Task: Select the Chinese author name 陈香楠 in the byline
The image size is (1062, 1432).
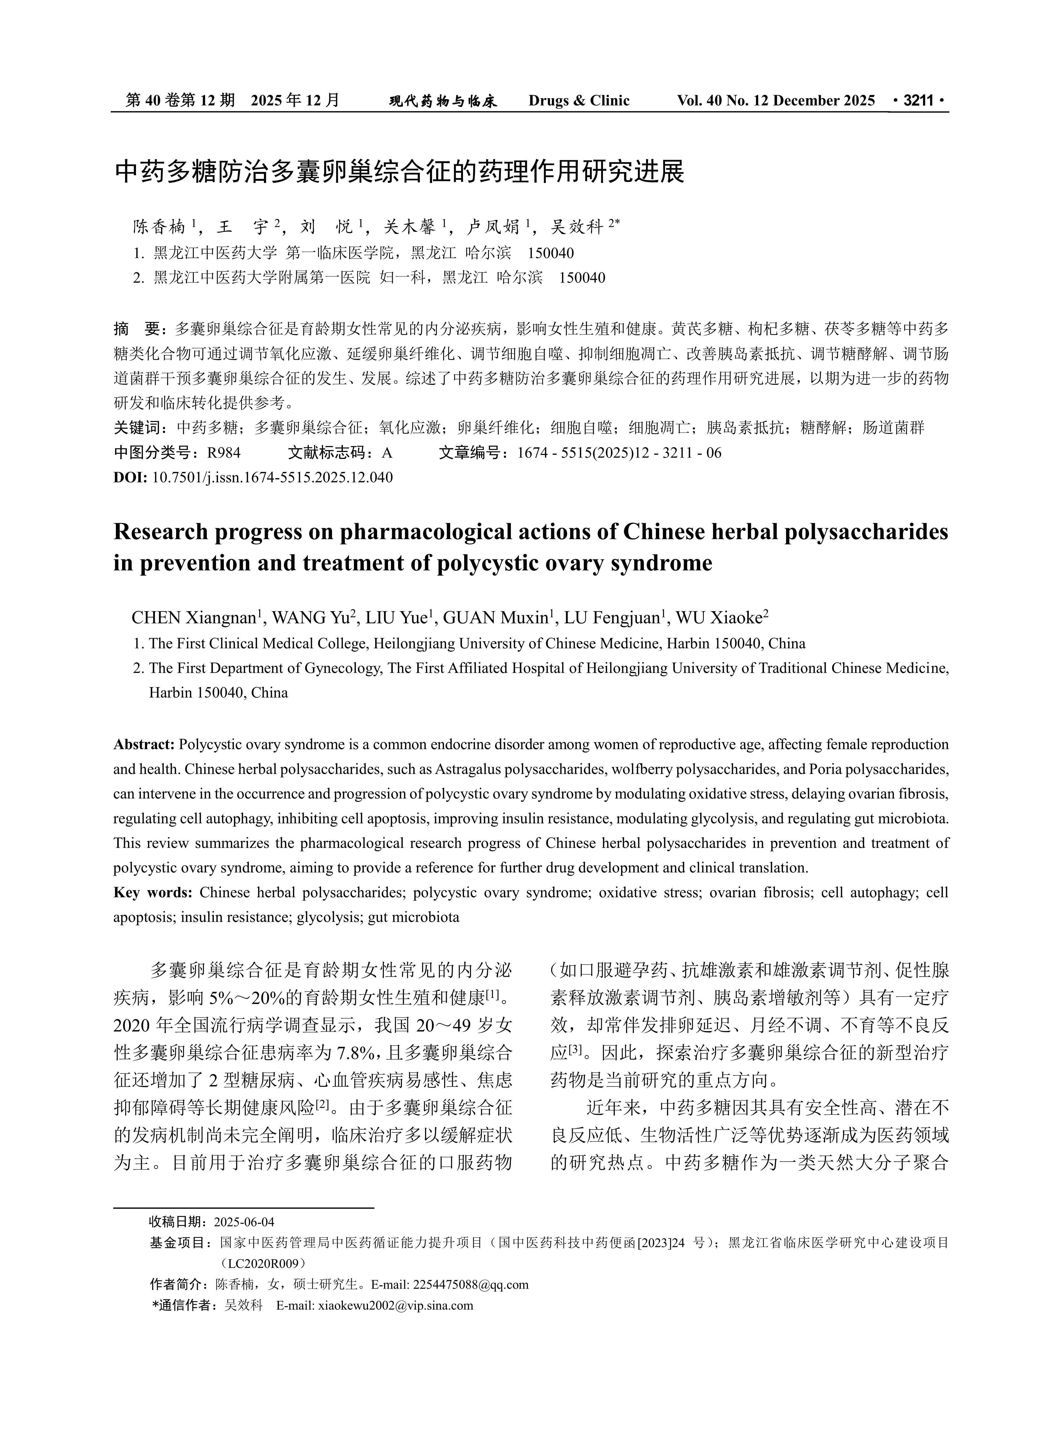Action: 159,227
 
